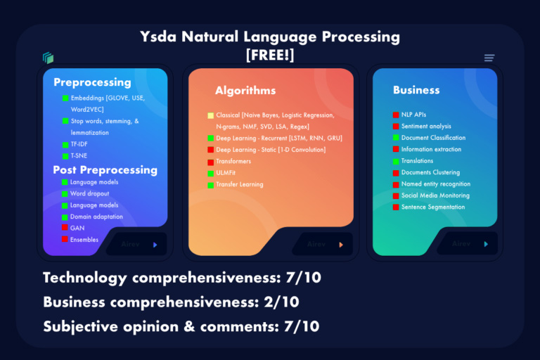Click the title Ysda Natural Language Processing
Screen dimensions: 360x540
[270, 37]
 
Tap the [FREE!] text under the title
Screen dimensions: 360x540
[270, 56]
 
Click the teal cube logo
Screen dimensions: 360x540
[48, 58]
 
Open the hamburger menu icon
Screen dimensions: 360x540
[489, 58]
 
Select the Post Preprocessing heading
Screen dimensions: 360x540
[105, 169]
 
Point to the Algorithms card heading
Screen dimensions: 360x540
[245, 90]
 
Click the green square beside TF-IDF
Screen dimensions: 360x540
[65, 144]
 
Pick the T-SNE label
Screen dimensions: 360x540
[79, 155]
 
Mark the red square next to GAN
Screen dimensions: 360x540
[65, 228]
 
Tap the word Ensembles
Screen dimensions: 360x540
[84, 240]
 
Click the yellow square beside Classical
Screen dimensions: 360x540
[211, 115]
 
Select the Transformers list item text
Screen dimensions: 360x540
[233, 162]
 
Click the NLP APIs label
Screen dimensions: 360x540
[413, 115]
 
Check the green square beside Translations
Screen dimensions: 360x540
[396, 161]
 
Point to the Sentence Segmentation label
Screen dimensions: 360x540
[432, 207]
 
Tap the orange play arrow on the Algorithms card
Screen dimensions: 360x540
[341, 245]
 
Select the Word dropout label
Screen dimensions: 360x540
[90, 193]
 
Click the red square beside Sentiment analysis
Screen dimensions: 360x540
[396, 127]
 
